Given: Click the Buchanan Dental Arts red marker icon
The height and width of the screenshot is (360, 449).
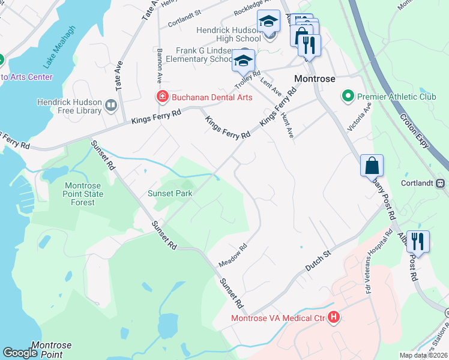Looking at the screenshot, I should (162, 96).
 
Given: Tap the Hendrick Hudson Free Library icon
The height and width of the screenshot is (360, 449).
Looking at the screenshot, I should (110, 106).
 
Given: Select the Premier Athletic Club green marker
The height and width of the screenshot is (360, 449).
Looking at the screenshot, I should (347, 96).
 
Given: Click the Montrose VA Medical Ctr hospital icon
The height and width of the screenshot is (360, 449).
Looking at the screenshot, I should (334, 317).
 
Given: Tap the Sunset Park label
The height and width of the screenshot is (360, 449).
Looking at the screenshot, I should (170, 193).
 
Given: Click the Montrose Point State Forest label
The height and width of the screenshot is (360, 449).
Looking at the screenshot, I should (83, 194).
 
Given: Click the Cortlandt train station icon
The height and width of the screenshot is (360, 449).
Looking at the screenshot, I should (440, 182).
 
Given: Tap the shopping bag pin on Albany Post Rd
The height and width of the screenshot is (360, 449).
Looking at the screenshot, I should (372, 164).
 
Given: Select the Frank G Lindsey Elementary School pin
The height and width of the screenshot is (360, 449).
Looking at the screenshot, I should (244, 60).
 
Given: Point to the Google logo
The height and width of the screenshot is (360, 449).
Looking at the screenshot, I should (20, 352).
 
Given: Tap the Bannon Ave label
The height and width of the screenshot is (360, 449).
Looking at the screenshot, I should (160, 67).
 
